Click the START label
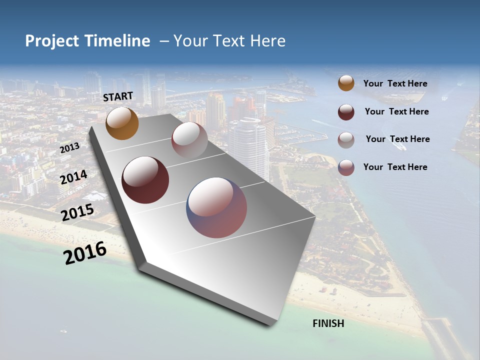tap(118, 96)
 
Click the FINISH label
tap(328, 323)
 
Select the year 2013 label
tap(69, 148)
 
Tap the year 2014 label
tap(73, 177)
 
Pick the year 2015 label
tap(77, 212)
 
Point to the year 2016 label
tap(85, 253)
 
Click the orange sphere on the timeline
tap(122, 123)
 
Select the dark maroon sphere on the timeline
tap(145, 180)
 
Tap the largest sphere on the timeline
tap(216, 207)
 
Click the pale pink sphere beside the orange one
tap(189, 139)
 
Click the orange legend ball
tap(346, 83)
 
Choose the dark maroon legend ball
tap(346, 112)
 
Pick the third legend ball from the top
tap(346, 140)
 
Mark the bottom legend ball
tap(346, 167)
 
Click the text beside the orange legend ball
tap(395, 84)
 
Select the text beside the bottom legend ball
tap(395, 167)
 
